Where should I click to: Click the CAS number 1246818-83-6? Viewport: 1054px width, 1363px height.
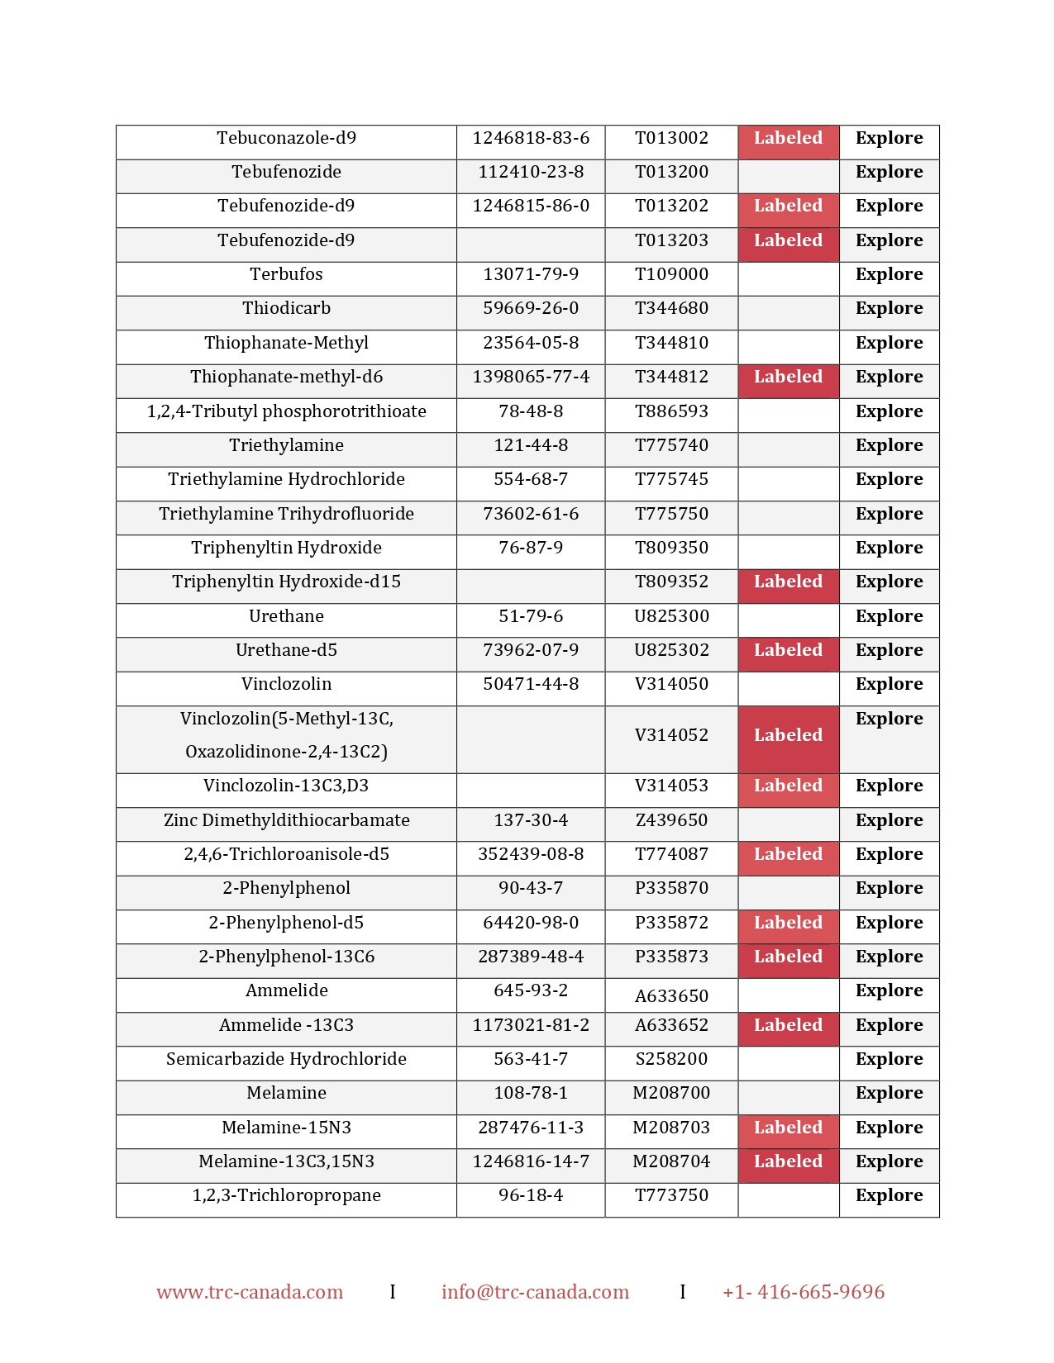coord(531,138)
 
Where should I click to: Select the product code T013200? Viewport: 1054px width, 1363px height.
coord(671,172)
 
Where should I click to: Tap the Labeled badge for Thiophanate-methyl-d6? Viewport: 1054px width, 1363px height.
coord(788,378)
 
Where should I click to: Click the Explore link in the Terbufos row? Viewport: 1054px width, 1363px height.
coord(889,274)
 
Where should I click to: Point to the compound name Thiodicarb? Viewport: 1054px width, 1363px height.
coord(286,308)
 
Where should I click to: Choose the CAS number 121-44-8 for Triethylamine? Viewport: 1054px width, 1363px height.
coord(531,445)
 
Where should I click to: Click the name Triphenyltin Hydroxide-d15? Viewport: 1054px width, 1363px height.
coord(286,582)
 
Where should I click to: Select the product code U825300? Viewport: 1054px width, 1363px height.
coord(671,616)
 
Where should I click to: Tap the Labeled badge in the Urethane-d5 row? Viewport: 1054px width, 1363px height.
coord(788,651)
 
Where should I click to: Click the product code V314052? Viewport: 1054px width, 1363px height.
coord(671,735)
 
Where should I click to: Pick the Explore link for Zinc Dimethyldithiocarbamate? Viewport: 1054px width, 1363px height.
coord(889,820)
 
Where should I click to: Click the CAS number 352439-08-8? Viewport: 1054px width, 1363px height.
coord(531,854)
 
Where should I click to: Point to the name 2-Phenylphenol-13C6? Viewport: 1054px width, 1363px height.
coord(286,957)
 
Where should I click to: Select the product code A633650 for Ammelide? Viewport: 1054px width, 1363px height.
coord(671,996)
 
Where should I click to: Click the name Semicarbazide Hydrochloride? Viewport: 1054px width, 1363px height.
coord(286,1059)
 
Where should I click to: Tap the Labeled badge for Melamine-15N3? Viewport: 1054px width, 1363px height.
coord(788,1128)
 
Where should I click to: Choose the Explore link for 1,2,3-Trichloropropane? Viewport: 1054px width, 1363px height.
coord(889,1195)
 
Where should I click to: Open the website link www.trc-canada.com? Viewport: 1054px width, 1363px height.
coord(250,1292)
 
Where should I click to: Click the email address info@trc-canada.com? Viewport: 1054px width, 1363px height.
coord(535,1292)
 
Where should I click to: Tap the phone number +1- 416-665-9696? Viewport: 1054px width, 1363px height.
coord(803,1292)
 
